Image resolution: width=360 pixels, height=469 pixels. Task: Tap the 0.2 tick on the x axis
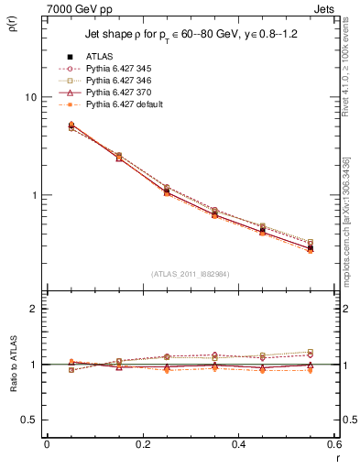pyautogui.click(x=142, y=444)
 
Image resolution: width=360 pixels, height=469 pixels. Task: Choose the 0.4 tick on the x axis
pyautogui.click(x=238, y=444)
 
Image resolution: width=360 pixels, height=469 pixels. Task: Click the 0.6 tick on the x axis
pyautogui.click(x=333, y=444)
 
